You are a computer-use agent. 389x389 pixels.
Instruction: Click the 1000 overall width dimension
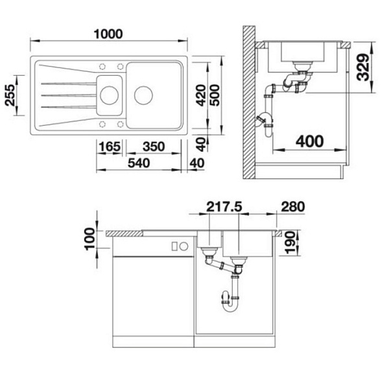[108, 34]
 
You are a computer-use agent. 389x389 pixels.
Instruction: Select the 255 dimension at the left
[10, 95]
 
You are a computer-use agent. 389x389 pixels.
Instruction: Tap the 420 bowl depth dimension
[201, 95]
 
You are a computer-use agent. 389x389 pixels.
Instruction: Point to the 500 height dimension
[215, 95]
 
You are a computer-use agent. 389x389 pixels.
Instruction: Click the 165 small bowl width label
[110, 147]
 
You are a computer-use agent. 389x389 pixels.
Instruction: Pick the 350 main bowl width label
[154, 147]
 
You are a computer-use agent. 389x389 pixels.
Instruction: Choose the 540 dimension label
[139, 163]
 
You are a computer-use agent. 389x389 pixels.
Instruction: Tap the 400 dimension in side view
[310, 141]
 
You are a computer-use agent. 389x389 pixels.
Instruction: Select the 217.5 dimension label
[224, 207]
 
